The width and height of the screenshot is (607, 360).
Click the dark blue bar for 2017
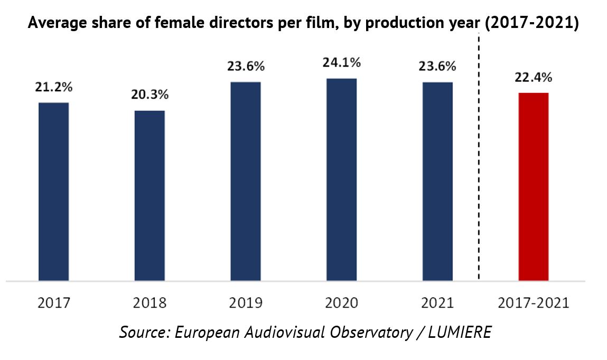(x=54, y=191)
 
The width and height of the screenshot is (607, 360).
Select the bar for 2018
(x=150, y=195)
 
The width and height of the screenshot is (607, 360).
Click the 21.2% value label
(x=54, y=87)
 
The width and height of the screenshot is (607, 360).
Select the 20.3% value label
(x=150, y=96)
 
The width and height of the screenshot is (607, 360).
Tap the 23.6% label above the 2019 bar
(x=246, y=67)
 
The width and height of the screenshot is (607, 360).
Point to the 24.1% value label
(x=342, y=63)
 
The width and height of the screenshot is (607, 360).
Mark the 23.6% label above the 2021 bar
(x=437, y=67)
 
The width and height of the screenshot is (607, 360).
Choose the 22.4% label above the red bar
(x=534, y=78)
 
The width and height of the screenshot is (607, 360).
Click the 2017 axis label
(x=54, y=303)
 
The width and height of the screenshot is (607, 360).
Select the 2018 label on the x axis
(x=150, y=303)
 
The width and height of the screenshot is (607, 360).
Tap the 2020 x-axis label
(x=341, y=303)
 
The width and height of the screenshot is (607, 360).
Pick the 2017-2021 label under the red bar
(x=534, y=303)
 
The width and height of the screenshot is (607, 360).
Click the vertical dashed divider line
(x=479, y=158)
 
